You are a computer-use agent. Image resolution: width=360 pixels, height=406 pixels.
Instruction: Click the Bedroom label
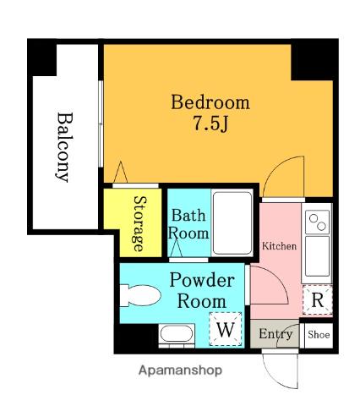pyautogui.click(x=210, y=102)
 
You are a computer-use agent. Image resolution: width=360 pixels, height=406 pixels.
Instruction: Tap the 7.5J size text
pyautogui.click(x=210, y=123)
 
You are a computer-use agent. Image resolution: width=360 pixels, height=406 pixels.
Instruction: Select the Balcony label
pyautogui.click(x=64, y=147)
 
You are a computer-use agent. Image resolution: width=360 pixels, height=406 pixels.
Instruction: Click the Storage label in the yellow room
pyautogui.click(x=140, y=223)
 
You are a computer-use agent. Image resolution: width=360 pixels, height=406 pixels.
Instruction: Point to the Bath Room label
pyautogui.click(x=188, y=224)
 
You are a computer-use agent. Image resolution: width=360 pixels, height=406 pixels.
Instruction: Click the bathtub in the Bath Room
pyautogui.click(x=232, y=222)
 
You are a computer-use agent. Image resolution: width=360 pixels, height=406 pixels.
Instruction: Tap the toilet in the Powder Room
pyautogui.click(x=140, y=295)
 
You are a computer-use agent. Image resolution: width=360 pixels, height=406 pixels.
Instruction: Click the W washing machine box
pyautogui.click(x=226, y=329)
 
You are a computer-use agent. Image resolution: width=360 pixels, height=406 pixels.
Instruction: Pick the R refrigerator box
pyautogui.click(x=318, y=300)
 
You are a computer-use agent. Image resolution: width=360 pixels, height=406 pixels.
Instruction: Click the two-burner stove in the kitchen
pyautogui.click(x=318, y=222)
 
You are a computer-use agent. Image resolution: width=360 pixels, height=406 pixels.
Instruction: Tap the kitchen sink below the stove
pyautogui.click(x=317, y=256)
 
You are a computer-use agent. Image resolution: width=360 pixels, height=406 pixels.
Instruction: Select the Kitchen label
pyautogui.click(x=279, y=246)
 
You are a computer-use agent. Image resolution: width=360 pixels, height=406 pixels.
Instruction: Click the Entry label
pyautogui.click(x=275, y=334)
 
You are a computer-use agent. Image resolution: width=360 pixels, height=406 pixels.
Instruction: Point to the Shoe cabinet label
pyautogui.click(x=319, y=335)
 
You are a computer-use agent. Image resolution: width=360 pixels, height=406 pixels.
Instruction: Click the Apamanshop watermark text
pyautogui.click(x=180, y=370)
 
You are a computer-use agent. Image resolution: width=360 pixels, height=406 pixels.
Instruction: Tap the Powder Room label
pyautogui.click(x=202, y=290)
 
